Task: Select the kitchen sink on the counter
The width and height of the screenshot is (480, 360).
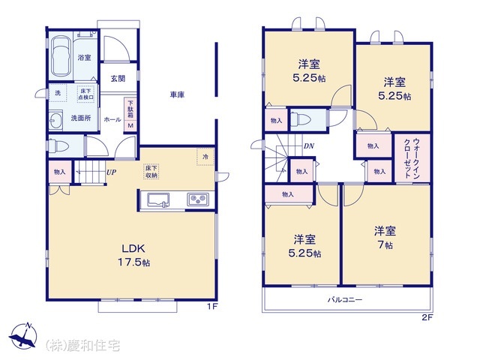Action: tap(158, 199)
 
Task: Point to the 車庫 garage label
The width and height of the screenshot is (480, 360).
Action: tap(177, 95)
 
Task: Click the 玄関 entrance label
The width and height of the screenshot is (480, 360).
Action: tap(118, 78)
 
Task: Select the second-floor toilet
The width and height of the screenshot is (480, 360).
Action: tap(301, 119)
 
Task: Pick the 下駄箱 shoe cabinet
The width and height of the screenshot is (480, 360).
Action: tap(130, 113)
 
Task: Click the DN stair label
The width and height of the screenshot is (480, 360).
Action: tap(308, 146)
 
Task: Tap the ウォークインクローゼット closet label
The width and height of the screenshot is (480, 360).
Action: tap(417, 157)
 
